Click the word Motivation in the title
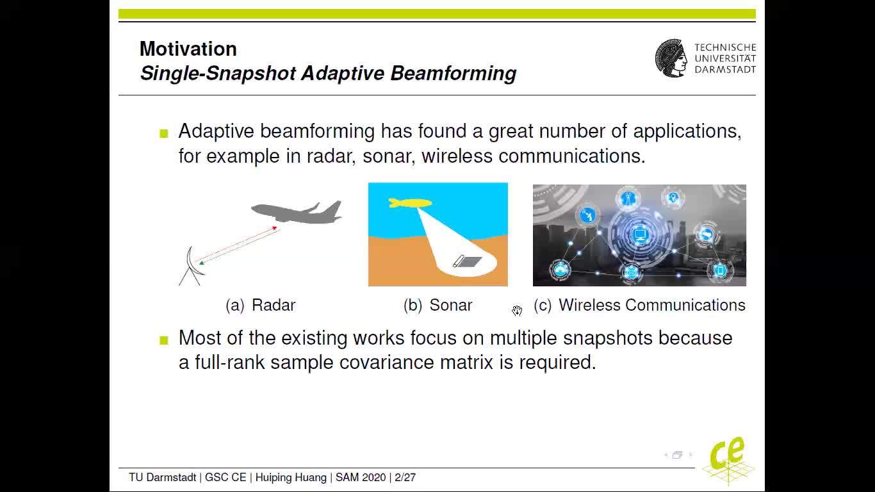tap(188, 49)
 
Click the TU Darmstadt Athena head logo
tap(671, 58)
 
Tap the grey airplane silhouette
tap(297, 212)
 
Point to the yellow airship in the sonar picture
tap(410, 202)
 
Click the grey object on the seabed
tap(467, 261)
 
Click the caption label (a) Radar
tap(261, 305)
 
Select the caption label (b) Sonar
tap(438, 305)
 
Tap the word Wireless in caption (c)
tap(589, 305)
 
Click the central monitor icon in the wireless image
tap(639, 235)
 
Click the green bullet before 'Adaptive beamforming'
tap(164, 134)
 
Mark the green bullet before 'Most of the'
tap(164, 340)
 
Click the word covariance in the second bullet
tap(386, 362)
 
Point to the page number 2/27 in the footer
tap(405, 477)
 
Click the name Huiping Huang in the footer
tap(291, 477)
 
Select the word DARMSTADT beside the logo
tap(725, 70)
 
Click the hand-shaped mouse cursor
tap(517, 311)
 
